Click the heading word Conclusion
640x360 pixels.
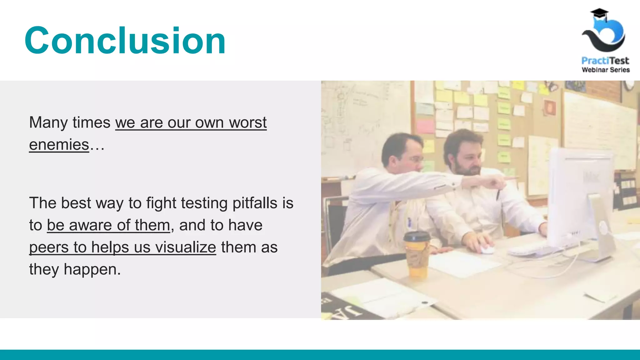tap(125, 41)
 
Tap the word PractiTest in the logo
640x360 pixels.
tap(605, 60)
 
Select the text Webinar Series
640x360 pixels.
tap(606, 70)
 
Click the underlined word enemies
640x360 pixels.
tap(59, 145)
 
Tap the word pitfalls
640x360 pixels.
tap(255, 203)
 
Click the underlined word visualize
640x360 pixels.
tap(186, 247)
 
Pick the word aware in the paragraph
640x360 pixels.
tap(90, 225)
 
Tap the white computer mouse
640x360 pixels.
tap(486, 249)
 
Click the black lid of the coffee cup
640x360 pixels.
tap(417, 237)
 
